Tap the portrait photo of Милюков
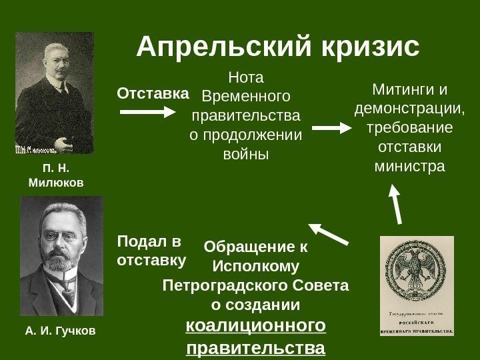tap(55, 93)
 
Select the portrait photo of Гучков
tap(62, 256)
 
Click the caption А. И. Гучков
tap(60, 330)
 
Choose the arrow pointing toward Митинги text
tap(331, 127)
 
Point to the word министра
tap(410, 164)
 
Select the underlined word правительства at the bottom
tap(256, 348)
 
